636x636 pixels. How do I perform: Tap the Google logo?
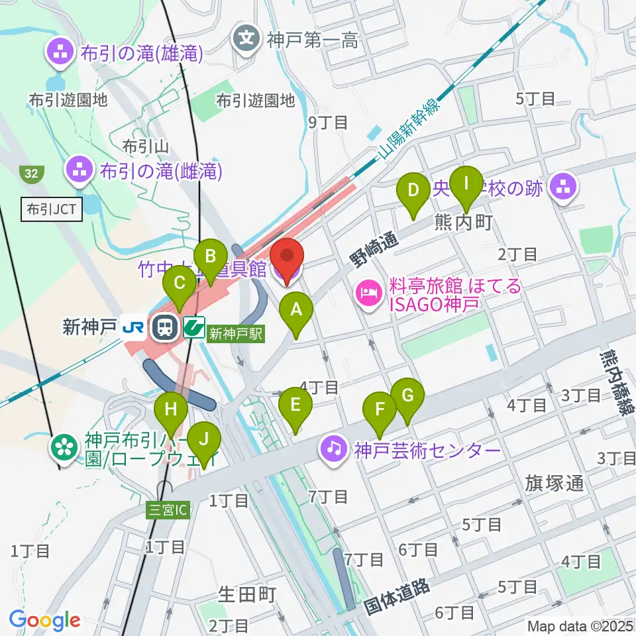[x=44, y=621]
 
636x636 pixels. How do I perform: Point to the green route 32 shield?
[x=31, y=174]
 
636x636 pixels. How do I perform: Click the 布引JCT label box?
[x=52, y=210]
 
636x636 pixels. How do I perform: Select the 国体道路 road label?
[x=397, y=595]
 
